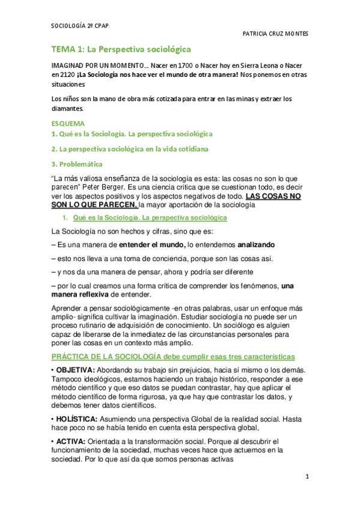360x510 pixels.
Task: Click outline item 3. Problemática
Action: (x=76, y=164)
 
